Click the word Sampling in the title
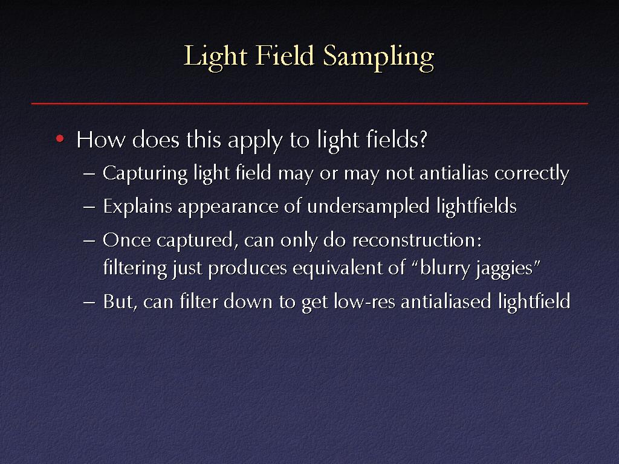coord(378,57)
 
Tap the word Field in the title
coord(284,55)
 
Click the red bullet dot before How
coord(60,138)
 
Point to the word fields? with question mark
coord(397,140)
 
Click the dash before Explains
coord(89,207)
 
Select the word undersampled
coord(368,207)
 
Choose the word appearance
coord(228,208)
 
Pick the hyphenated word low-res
coord(365,302)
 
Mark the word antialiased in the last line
coord(446,301)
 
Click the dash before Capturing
coord(89,173)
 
